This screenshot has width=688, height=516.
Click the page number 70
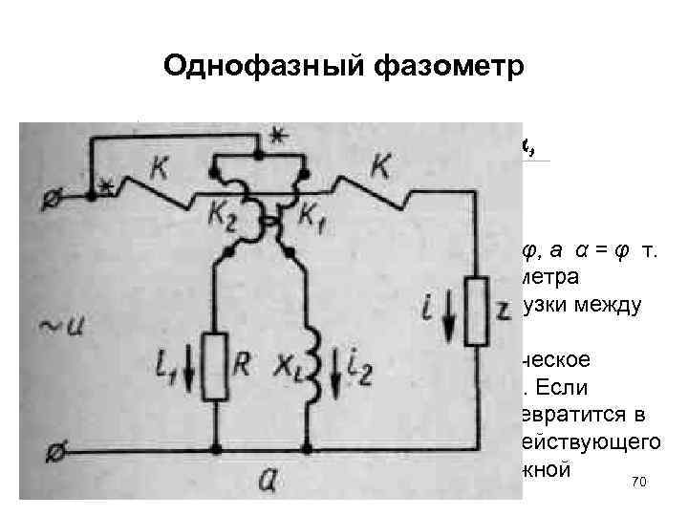(640, 484)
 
